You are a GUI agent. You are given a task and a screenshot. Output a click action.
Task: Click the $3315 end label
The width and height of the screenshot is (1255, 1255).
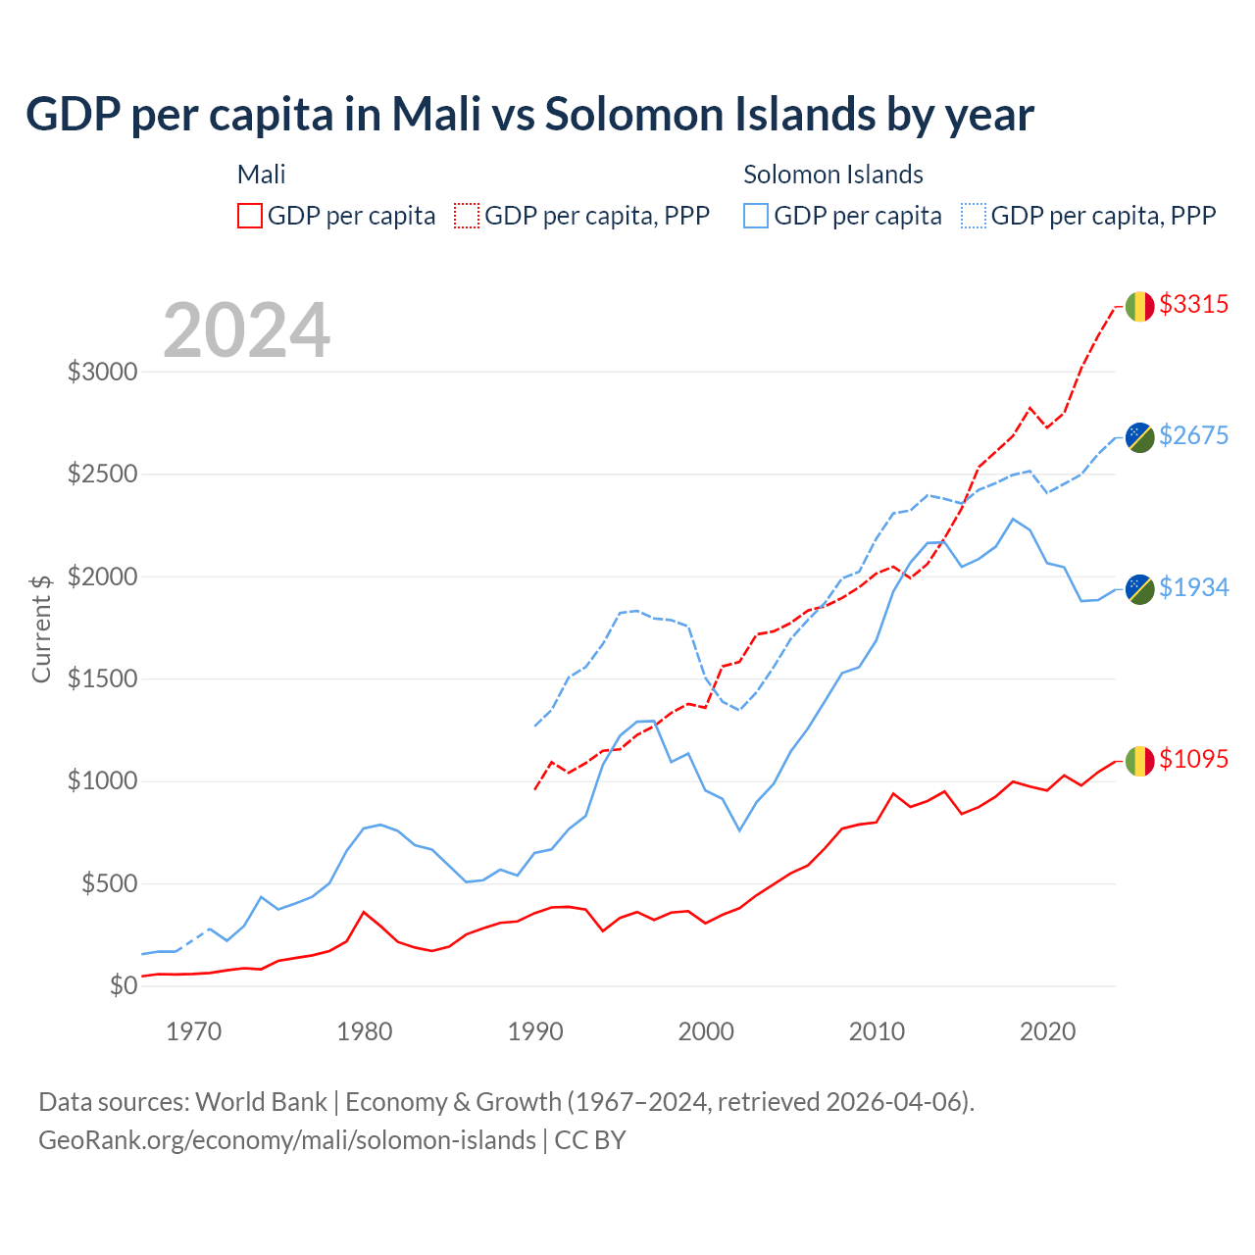tap(1193, 304)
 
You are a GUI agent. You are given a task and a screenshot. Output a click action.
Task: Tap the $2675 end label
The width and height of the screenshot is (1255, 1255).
tap(1193, 435)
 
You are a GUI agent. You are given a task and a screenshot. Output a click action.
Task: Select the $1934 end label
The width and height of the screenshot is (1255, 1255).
tap(1193, 587)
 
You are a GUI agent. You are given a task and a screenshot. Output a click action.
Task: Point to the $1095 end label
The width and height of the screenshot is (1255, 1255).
tap(1193, 759)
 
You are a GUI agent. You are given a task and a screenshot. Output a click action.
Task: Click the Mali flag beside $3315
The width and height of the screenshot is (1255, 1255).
tap(1139, 307)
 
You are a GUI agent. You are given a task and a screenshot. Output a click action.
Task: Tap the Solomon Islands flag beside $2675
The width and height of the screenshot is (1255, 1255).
tap(1139, 437)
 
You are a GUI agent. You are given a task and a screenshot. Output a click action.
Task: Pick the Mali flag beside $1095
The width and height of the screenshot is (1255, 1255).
tap(1139, 761)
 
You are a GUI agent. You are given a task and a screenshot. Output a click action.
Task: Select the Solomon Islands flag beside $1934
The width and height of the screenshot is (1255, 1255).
tap(1139, 589)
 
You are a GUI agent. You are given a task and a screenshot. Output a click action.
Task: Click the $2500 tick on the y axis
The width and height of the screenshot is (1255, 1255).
tap(102, 475)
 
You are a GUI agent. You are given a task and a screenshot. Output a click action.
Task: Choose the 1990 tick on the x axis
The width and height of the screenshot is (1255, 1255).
tap(535, 1031)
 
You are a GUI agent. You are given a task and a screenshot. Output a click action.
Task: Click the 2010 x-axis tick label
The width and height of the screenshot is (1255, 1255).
tap(877, 1031)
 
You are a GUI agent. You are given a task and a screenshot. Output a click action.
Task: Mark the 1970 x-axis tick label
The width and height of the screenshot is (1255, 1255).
tap(194, 1031)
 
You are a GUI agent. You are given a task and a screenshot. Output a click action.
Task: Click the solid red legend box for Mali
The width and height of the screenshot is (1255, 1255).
tap(250, 216)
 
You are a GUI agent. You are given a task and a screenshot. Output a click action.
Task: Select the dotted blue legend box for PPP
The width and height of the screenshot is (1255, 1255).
tap(974, 216)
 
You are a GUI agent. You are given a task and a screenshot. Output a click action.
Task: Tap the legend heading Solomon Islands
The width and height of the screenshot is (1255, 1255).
tap(833, 175)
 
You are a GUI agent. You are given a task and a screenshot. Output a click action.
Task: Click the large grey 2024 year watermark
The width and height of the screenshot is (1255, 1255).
tap(247, 330)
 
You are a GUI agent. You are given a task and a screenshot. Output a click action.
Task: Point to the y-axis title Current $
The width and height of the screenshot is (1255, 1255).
tap(41, 628)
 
